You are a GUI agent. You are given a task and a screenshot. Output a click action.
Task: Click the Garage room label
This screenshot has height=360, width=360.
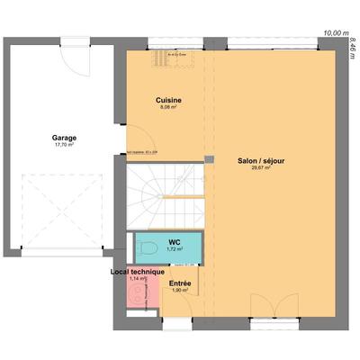click(x=63, y=138)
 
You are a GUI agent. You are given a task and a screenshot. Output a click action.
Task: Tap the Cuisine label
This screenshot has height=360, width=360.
click(x=166, y=99)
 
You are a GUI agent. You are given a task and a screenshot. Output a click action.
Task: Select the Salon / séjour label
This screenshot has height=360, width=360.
click(x=262, y=160)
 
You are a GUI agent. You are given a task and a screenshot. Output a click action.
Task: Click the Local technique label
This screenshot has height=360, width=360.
click(x=137, y=271)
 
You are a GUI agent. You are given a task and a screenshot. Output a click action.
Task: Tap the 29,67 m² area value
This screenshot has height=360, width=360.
click(x=262, y=167)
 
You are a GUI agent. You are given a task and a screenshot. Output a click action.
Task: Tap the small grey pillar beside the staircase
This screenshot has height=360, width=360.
click(x=209, y=160)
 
